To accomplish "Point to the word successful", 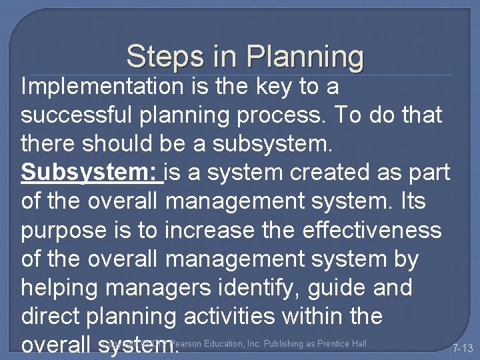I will click(x=80, y=115).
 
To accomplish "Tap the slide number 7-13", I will click(x=463, y=348).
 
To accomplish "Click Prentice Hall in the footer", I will click(x=343, y=344).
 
